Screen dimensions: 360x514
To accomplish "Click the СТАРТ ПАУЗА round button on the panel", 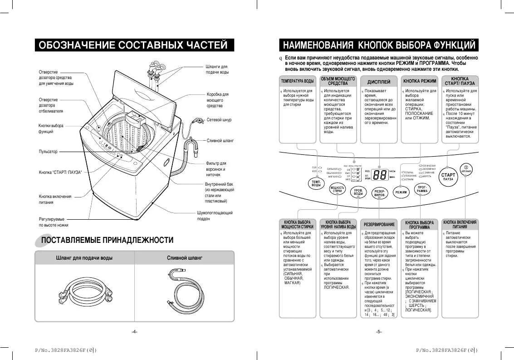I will click(448, 177).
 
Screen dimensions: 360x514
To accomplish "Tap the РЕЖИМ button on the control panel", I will click(401, 192).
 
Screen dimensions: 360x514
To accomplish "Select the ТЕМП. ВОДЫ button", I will click(316, 183).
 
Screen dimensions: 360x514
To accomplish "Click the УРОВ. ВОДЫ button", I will click(358, 192).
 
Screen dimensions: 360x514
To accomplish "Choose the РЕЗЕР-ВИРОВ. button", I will click(379, 193).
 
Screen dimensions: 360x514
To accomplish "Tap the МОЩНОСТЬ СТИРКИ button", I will click(337, 189).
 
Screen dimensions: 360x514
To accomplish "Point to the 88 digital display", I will click(379, 175).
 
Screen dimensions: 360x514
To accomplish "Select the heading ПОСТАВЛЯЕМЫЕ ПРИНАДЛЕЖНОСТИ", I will click(107, 240).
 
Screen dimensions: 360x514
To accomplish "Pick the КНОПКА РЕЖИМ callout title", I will click(420, 81).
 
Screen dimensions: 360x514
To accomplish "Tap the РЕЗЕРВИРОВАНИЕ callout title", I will click(379, 224).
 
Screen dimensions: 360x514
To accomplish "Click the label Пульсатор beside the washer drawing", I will click(48, 152).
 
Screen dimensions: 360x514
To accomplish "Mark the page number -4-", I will click(134, 331).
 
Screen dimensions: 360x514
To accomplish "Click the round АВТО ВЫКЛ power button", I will click(466, 169).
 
